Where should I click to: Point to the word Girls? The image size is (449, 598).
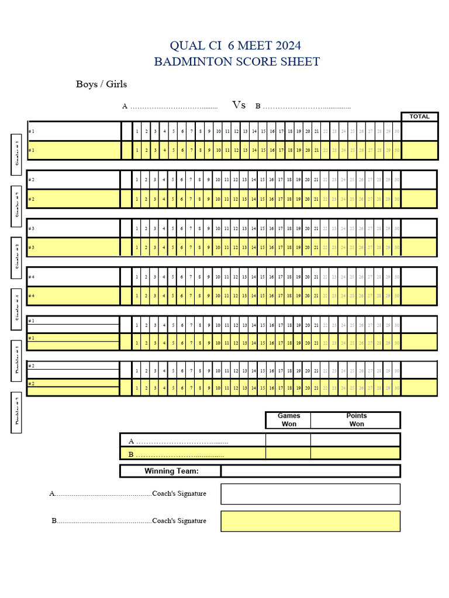[116, 84]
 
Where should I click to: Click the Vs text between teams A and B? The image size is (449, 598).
[239, 105]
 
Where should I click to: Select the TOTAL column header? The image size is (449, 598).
[419, 116]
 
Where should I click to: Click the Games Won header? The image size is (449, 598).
[289, 420]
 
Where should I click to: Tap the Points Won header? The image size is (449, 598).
[356, 420]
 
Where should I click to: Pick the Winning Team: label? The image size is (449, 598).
[171, 471]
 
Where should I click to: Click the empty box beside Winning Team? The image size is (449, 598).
[310, 471]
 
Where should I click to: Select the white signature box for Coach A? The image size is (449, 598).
[310, 494]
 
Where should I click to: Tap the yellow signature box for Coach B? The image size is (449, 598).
[310, 521]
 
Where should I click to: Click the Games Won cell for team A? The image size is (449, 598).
[288, 440]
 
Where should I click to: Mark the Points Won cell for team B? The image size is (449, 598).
[355, 453]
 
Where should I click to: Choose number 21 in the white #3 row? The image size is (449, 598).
[316, 228]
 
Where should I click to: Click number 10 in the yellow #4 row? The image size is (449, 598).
[218, 297]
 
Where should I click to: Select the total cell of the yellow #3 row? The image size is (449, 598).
[419, 247]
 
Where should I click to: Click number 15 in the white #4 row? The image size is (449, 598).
[263, 277]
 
